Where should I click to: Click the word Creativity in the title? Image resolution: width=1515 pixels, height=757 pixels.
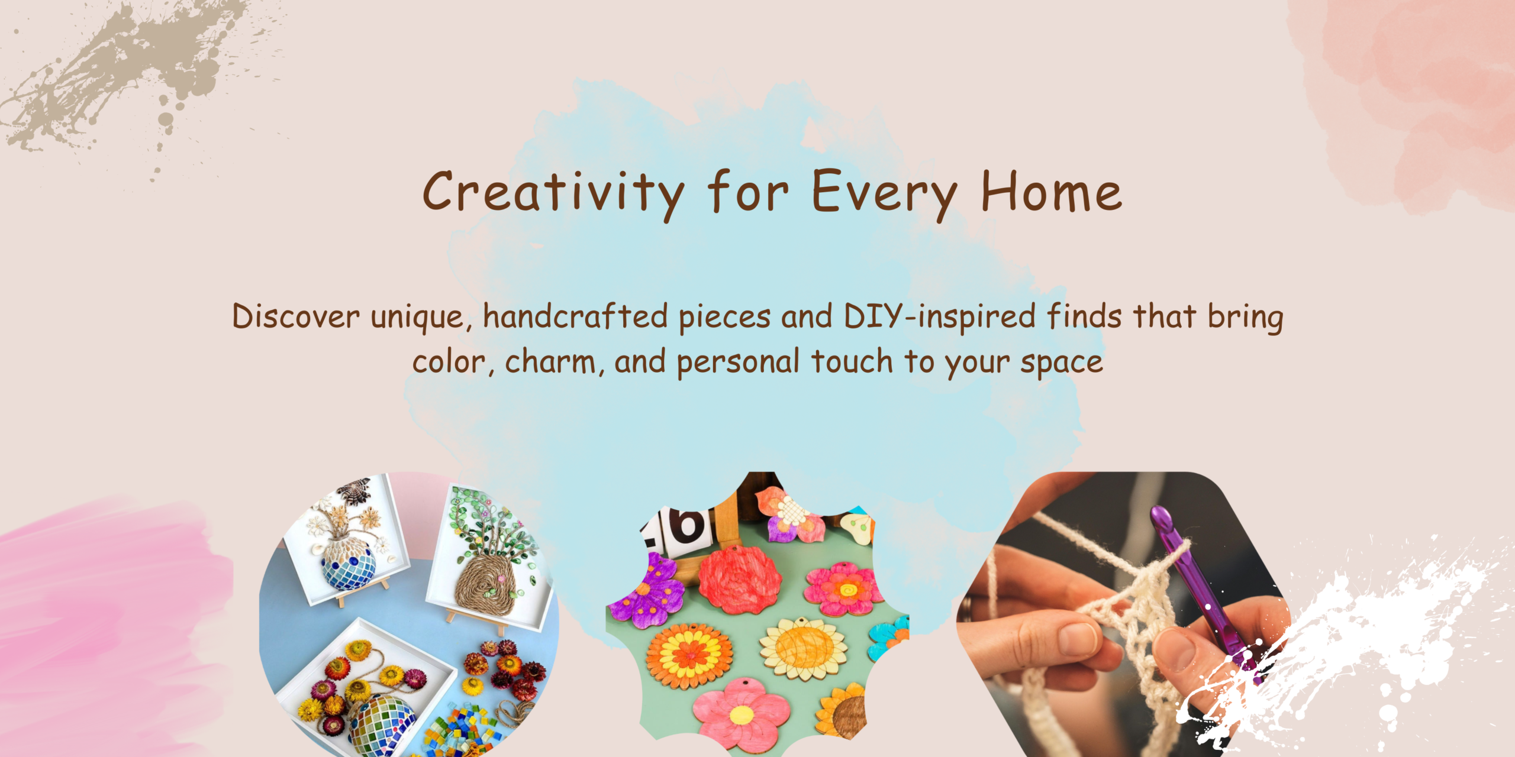(x=553, y=192)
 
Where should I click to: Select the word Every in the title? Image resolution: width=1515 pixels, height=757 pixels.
(x=884, y=192)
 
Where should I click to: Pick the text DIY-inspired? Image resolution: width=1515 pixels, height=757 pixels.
(x=939, y=317)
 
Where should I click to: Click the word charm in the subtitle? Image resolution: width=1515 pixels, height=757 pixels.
(x=550, y=361)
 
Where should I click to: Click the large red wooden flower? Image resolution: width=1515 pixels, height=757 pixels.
(x=740, y=577)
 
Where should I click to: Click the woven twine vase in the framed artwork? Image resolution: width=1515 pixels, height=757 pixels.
(x=488, y=583)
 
